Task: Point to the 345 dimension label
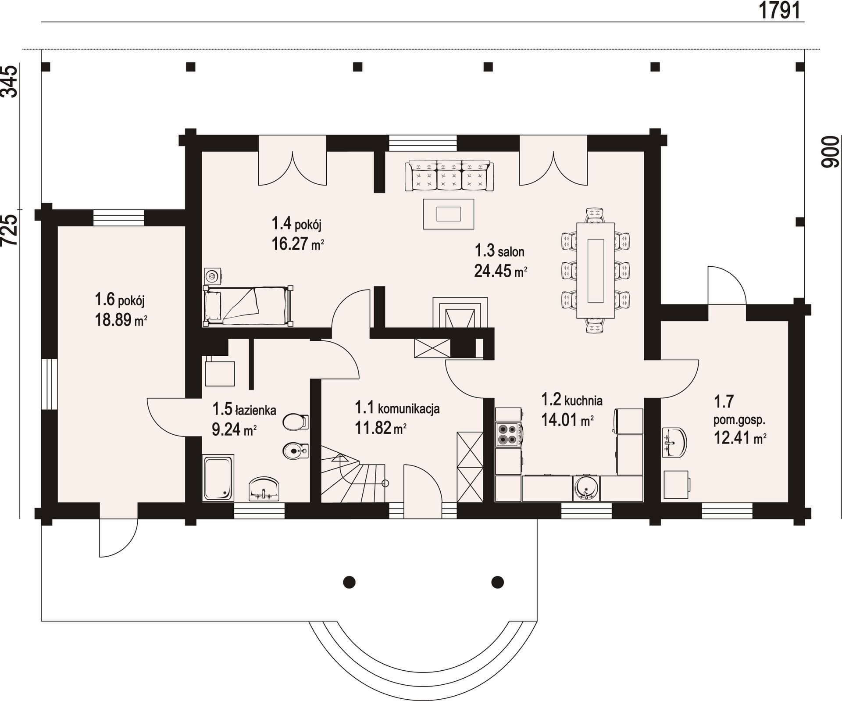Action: click(11, 81)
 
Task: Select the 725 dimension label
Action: click(11, 230)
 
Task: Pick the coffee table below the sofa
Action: click(448, 214)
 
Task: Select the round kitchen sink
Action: click(586, 488)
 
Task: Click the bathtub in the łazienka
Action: click(218, 478)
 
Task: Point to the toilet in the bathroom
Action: click(296, 422)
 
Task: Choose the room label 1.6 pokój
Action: click(120, 300)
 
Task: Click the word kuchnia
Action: click(583, 400)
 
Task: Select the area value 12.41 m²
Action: click(740, 438)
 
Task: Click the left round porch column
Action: click(349, 582)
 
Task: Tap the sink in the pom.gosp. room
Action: click(674, 442)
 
